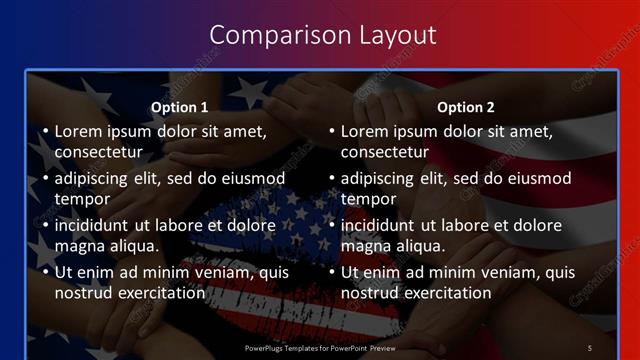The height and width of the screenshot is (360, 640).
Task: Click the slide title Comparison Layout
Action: tap(323, 35)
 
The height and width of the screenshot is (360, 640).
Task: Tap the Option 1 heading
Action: tap(180, 107)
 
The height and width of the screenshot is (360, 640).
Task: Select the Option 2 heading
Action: tap(466, 107)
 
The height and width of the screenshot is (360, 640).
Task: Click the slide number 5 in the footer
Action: tap(589, 347)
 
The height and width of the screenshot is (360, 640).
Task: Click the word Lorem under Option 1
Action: tap(79, 131)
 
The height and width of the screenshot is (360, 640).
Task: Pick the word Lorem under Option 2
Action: tap(365, 131)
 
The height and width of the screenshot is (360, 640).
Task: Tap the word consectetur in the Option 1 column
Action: tap(98, 152)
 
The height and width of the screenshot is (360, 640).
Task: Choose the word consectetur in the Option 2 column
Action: tap(384, 152)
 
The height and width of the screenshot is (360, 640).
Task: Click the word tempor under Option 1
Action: tap(80, 199)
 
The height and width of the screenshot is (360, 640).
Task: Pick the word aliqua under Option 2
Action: tap(420, 246)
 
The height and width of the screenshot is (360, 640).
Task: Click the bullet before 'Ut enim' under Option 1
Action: tap(44, 273)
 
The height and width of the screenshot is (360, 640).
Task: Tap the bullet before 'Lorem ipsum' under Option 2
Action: tap(330, 132)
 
